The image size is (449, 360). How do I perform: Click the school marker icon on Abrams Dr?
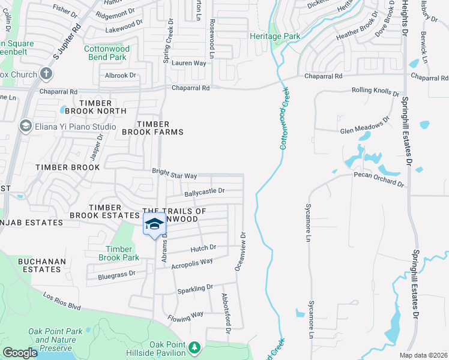click(x=154, y=223)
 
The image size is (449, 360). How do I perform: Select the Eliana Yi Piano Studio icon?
click(x=26, y=126)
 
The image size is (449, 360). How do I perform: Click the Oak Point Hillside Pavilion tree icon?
click(x=194, y=347)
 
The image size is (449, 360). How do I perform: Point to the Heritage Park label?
click(x=275, y=37)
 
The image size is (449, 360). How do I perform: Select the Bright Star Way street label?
click(x=174, y=176)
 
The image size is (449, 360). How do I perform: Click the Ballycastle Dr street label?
click(x=204, y=191)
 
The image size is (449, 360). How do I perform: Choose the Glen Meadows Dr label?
click(x=361, y=128)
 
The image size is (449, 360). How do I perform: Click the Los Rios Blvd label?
click(x=62, y=301)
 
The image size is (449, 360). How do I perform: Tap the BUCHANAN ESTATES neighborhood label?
click(x=39, y=265)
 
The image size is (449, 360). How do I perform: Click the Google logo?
click(x=20, y=353)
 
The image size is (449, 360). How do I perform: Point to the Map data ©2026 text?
click(x=423, y=355)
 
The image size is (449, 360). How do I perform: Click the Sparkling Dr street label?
click(x=195, y=289)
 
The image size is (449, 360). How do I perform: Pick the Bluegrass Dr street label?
click(x=117, y=275)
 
